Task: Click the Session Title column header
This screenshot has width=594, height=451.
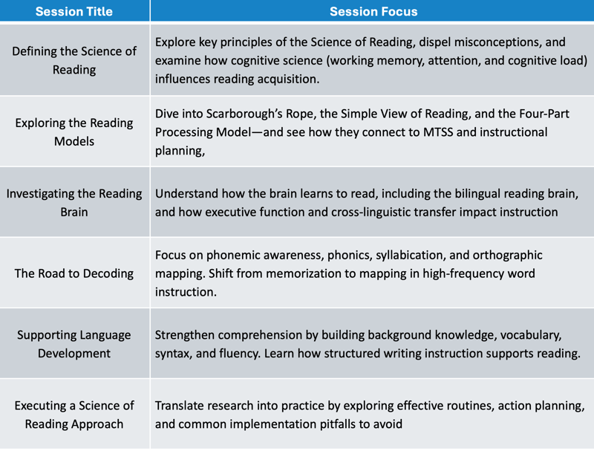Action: pos(74,11)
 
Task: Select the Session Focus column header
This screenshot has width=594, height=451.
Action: pos(373,11)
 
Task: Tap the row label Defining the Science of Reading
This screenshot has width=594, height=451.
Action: pos(74,60)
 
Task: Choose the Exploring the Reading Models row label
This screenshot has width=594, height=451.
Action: pos(74,132)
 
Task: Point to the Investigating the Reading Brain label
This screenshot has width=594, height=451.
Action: pos(74,202)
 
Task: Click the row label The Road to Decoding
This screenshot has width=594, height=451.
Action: pos(74,273)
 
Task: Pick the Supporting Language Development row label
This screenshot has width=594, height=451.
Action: pos(74,344)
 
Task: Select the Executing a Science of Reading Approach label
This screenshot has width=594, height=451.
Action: pos(74,415)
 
